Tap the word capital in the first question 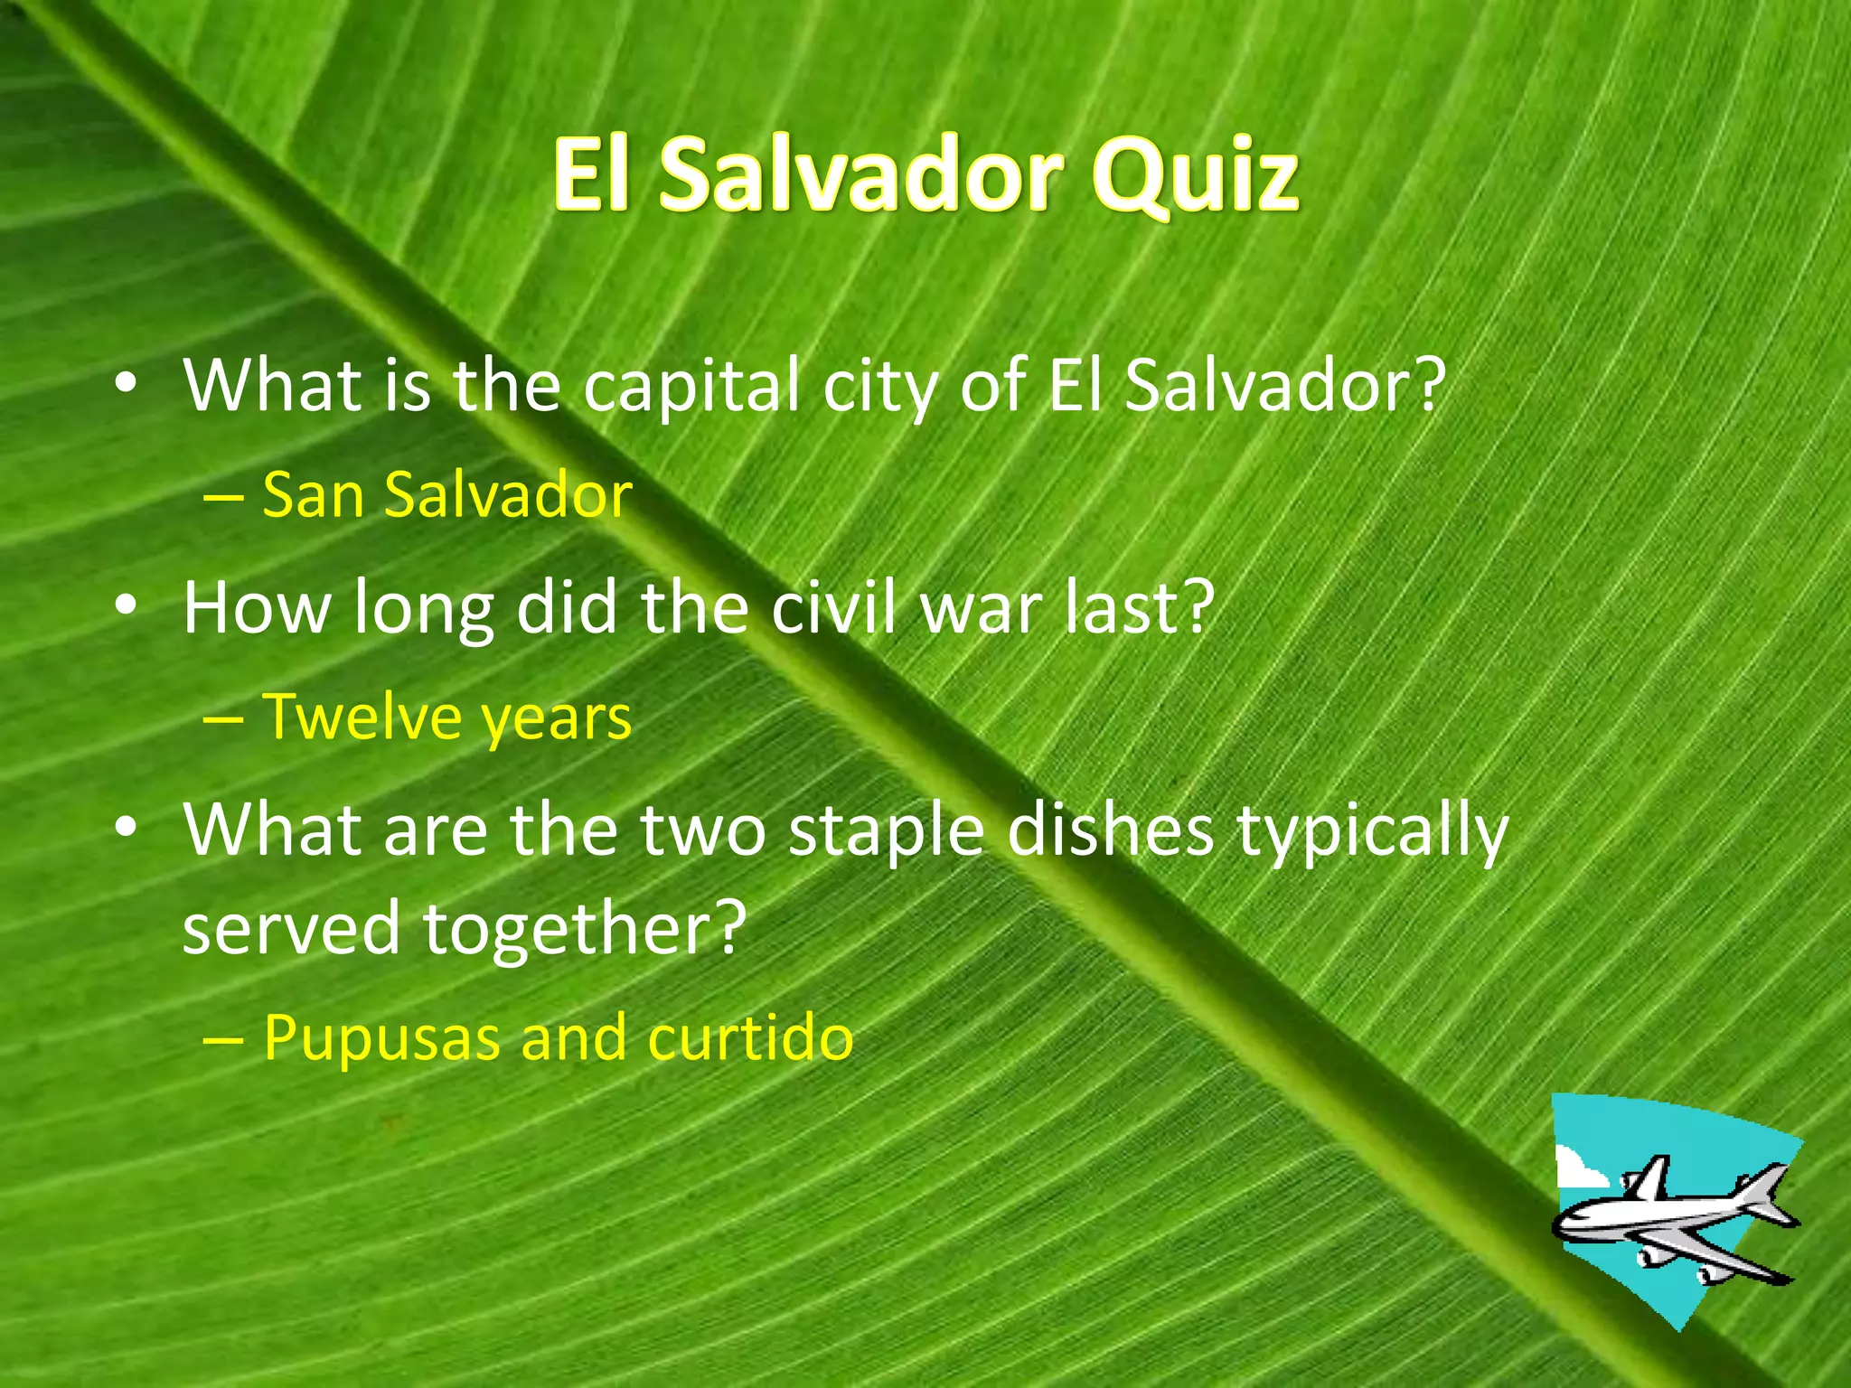click(x=691, y=387)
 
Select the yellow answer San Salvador click(x=446, y=495)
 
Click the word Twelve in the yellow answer click(x=361, y=717)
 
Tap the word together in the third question click(x=584, y=928)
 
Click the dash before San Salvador click(x=223, y=497)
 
